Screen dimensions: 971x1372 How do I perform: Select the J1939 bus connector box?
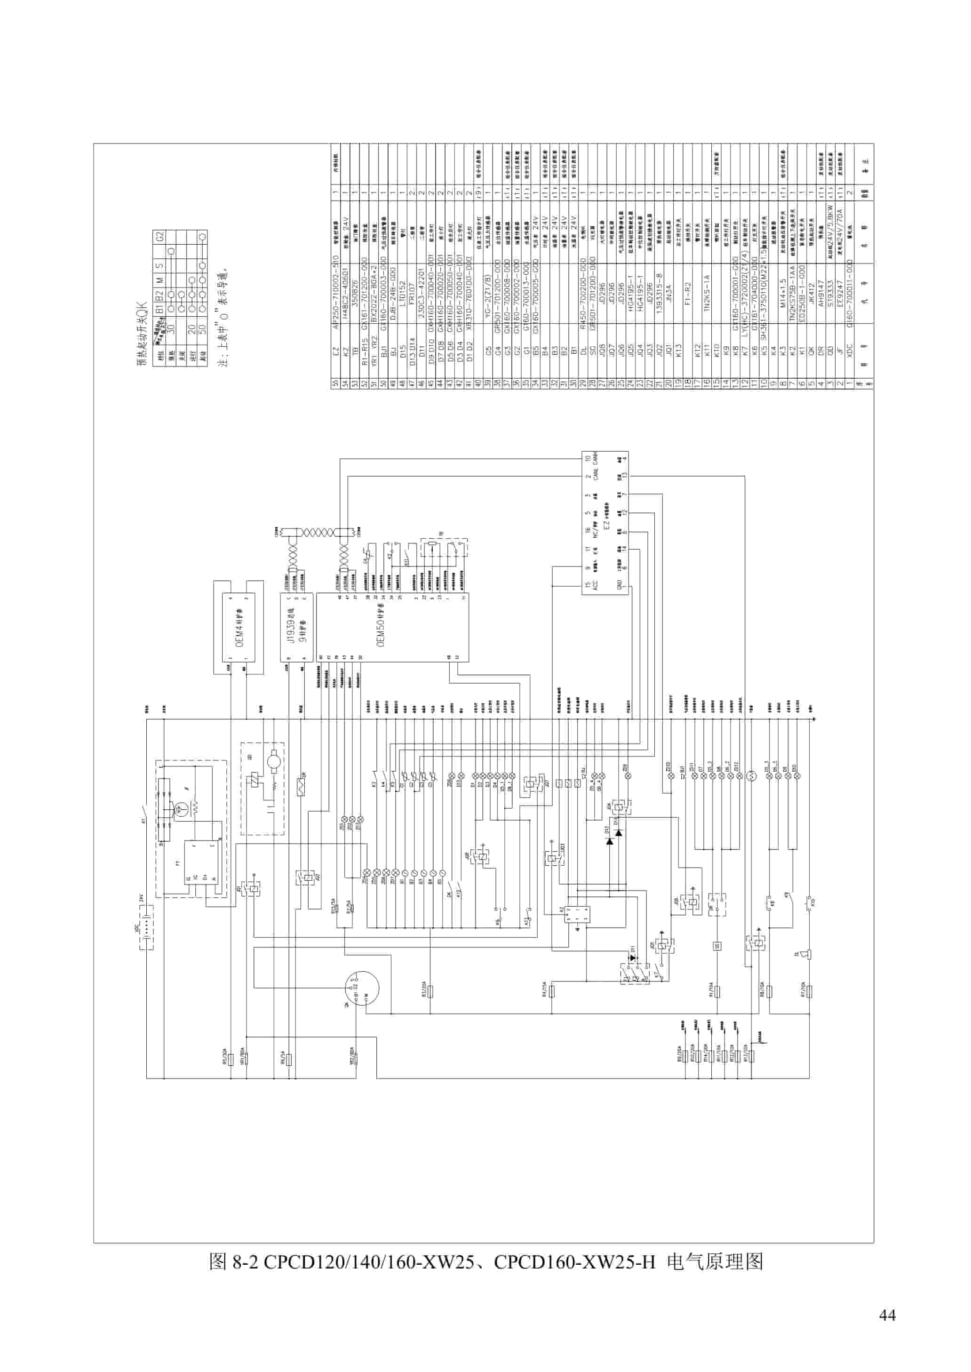[296, 627]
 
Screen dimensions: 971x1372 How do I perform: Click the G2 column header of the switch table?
[159, 236]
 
